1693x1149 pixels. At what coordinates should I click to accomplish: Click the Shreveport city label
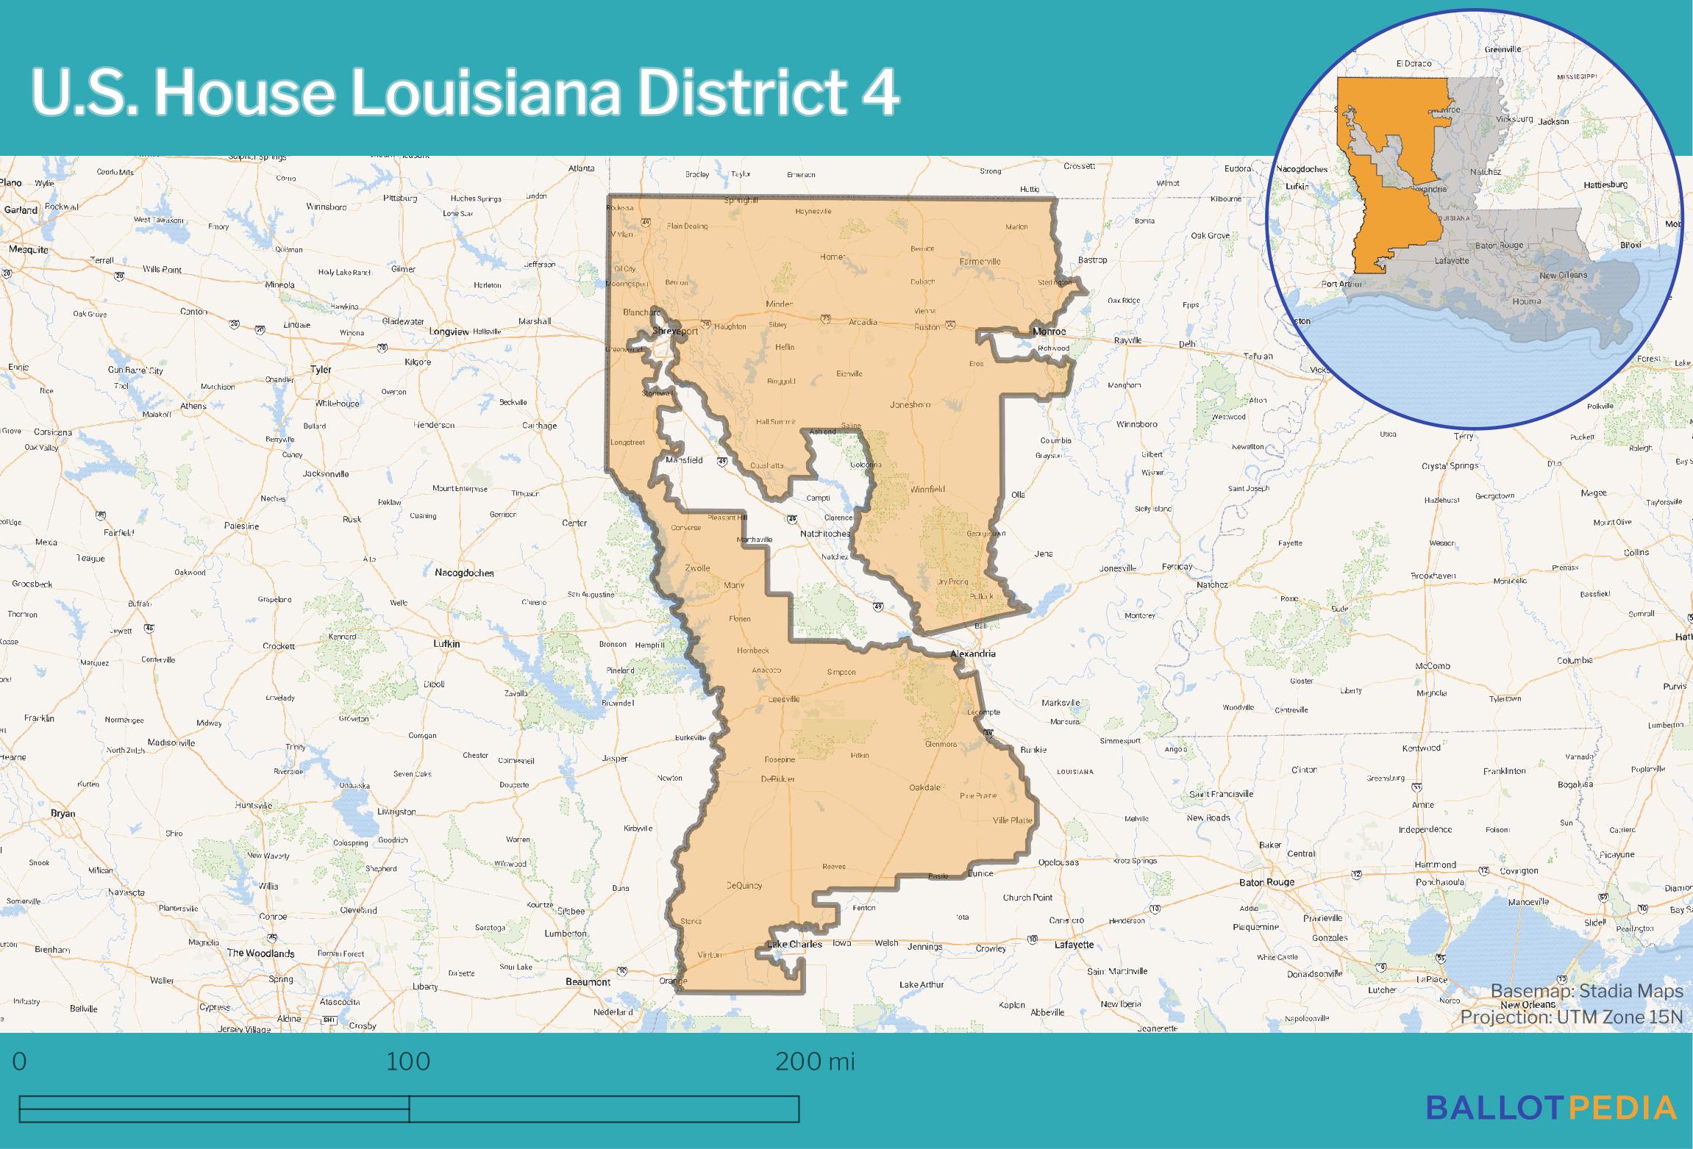click(675, 332)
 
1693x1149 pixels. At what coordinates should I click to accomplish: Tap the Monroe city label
click(1049, 332)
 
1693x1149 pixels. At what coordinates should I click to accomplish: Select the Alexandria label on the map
click(973, 654)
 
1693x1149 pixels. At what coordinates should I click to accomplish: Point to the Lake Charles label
click(794, 944)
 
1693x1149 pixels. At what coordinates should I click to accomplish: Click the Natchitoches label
click(825, 533)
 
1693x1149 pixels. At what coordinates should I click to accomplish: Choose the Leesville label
click(784, 699)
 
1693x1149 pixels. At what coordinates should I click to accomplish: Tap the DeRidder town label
click(778, 778)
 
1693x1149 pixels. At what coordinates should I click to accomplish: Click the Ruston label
click(927, 327)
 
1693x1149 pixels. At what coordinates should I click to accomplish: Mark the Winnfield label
click(927, 489)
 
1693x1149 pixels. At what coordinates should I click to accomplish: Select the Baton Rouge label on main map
click(1266, 882)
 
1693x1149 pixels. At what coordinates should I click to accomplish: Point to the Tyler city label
click(321, 370)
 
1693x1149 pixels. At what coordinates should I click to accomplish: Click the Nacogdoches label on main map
click(464, 573)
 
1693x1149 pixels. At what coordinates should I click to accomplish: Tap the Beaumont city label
click(588, 982)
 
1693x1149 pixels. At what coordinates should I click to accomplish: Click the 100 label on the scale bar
click(408, 1062)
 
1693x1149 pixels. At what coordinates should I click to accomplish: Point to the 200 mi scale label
click(815, 1062)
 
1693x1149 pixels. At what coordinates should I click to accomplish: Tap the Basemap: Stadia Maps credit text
click(1586, 991)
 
